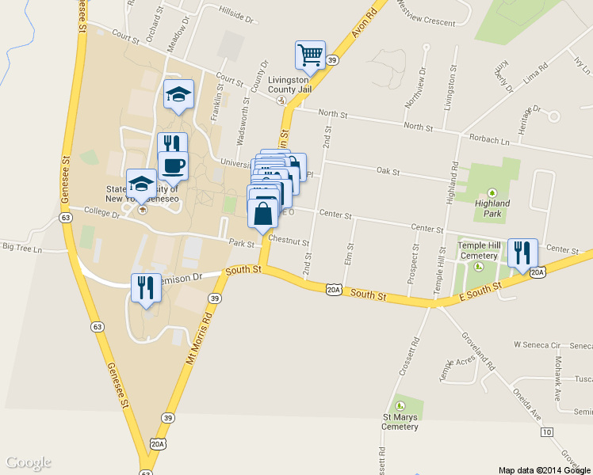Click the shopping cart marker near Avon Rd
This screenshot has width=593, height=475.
310,55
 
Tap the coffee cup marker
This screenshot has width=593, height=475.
173,165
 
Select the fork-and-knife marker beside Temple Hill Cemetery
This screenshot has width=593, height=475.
522,253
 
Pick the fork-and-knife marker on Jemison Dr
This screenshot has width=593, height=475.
146,287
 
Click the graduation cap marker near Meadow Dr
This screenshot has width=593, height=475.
178,94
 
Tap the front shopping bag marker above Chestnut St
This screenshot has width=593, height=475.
263,213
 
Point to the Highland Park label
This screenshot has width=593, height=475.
492,208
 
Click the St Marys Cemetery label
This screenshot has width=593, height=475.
400,422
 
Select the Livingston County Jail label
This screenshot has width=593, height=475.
289,85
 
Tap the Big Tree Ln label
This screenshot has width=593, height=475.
21,248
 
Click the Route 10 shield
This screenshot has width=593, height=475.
547,432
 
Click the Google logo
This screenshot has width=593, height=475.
28,462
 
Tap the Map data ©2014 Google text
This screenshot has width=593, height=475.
544,469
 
